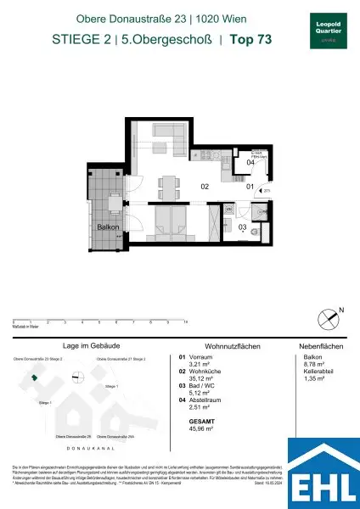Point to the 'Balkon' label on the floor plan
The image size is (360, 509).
(x=107, y=227)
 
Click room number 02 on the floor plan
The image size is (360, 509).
(x=204, y=186)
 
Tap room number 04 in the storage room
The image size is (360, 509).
(x=250, y=162)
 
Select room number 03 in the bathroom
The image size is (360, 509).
(x=241, y=227)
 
